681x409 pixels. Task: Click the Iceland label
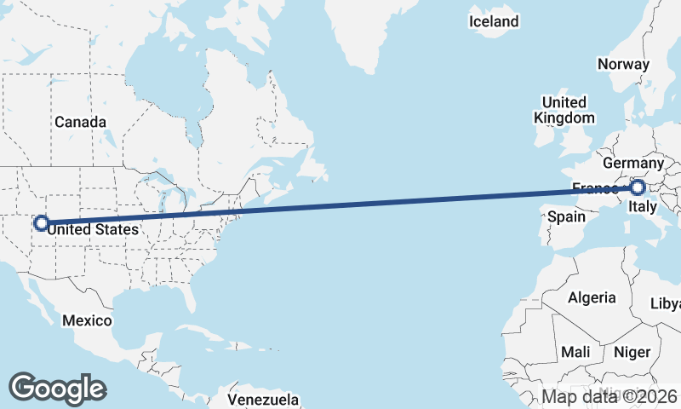(494, 20)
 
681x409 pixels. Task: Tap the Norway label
(623, 64)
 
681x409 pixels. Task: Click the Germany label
(632, 163)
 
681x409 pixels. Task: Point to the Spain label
(566, 216)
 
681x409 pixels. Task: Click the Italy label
(644, 207)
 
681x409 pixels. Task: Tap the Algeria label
(592, 297)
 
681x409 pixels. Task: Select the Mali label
(575, 352)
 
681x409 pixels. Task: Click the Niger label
(632, 352)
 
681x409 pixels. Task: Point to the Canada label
(81, 122)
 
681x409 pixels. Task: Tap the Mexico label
(87, 320)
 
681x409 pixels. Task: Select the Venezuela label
(264, 399)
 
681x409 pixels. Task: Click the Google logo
(57, 388)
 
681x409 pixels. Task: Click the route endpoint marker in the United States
(40, 224)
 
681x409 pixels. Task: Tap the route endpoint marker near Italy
(637, 187)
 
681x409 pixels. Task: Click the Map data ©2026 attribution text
(609, 396)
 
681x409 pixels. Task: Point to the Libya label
(666, 304)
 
